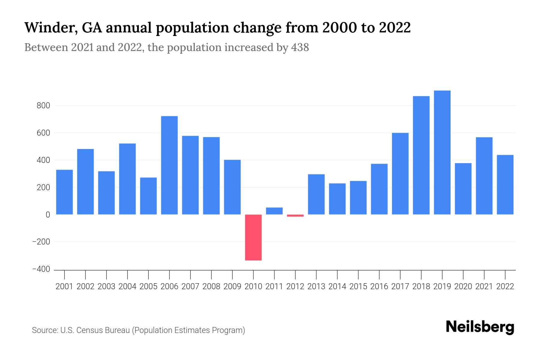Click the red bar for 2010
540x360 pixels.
(253, 237)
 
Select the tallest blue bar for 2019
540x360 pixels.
(442, 152)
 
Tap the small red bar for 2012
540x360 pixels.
(295, 215)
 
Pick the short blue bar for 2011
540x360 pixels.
(274, 211)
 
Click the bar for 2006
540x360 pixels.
(169, 165)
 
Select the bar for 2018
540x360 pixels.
(421, 155)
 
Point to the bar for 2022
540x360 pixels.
(505, 184)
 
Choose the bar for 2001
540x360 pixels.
(64, 192)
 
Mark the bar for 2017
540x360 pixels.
(400, 173)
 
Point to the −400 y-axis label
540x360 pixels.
(41, 269)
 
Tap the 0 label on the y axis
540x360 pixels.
(48, 214)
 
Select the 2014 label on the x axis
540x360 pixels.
(337, 286)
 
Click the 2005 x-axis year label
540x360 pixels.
(148, 286)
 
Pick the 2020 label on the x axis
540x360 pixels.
(463, 286)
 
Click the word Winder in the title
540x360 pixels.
(48, 28)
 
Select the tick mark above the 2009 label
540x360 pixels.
(232, 274)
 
